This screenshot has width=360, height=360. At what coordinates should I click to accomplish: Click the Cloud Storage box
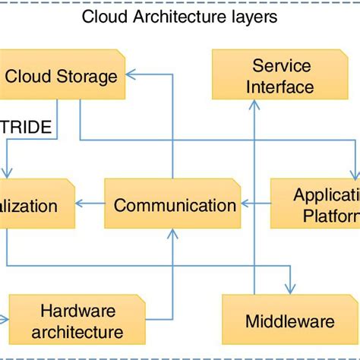pyautogui.click(x=62, y=76)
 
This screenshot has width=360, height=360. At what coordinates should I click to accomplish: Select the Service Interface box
pyautogui.click(x=273, y=76)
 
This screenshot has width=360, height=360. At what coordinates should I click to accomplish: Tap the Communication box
pyautogui.click(x=174, y=204)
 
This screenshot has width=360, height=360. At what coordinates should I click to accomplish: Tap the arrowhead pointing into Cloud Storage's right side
pyautogui.click(x=130, y=74)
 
